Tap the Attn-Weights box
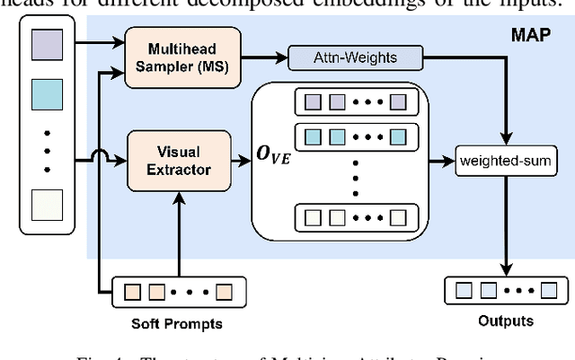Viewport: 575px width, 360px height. click(x=356, y=57)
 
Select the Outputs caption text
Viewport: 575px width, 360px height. click(x=506, y=320)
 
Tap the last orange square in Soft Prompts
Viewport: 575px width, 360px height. click(x=223, y=291)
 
